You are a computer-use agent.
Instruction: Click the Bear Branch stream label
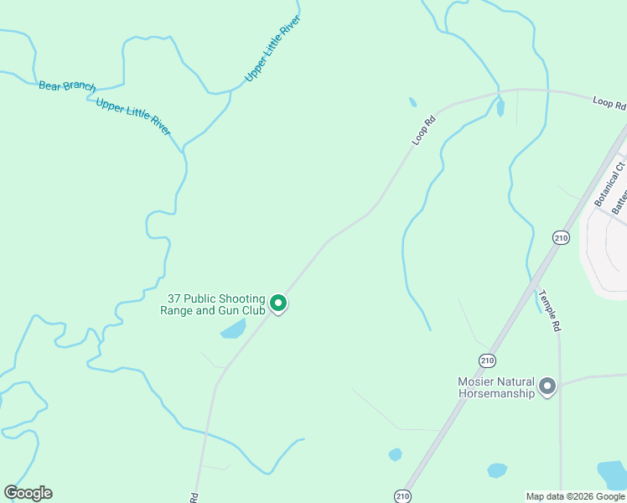point(67,86)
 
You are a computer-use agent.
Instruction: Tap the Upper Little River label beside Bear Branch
point(133,116)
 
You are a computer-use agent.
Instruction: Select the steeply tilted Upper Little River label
point(272,48)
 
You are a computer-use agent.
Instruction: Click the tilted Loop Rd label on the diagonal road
point(425,130)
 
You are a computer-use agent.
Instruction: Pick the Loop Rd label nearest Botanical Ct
point(609,103)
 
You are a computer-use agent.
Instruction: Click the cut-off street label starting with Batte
point(619,201)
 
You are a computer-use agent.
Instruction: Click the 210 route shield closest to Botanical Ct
point(561,238)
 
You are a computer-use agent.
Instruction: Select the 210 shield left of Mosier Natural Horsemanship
point(487,360)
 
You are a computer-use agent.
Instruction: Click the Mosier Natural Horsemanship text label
point(496,387)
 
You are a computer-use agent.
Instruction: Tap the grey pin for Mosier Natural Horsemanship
point(547,386)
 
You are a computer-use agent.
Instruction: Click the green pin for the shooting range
point(278,303)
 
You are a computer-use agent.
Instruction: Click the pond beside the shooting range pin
point(233,329)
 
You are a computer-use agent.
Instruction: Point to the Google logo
point(28,493)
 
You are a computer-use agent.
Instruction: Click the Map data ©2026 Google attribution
point(575,496)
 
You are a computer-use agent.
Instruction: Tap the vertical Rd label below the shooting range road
point(194,496)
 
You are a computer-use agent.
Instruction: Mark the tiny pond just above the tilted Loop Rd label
point(412,102)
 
